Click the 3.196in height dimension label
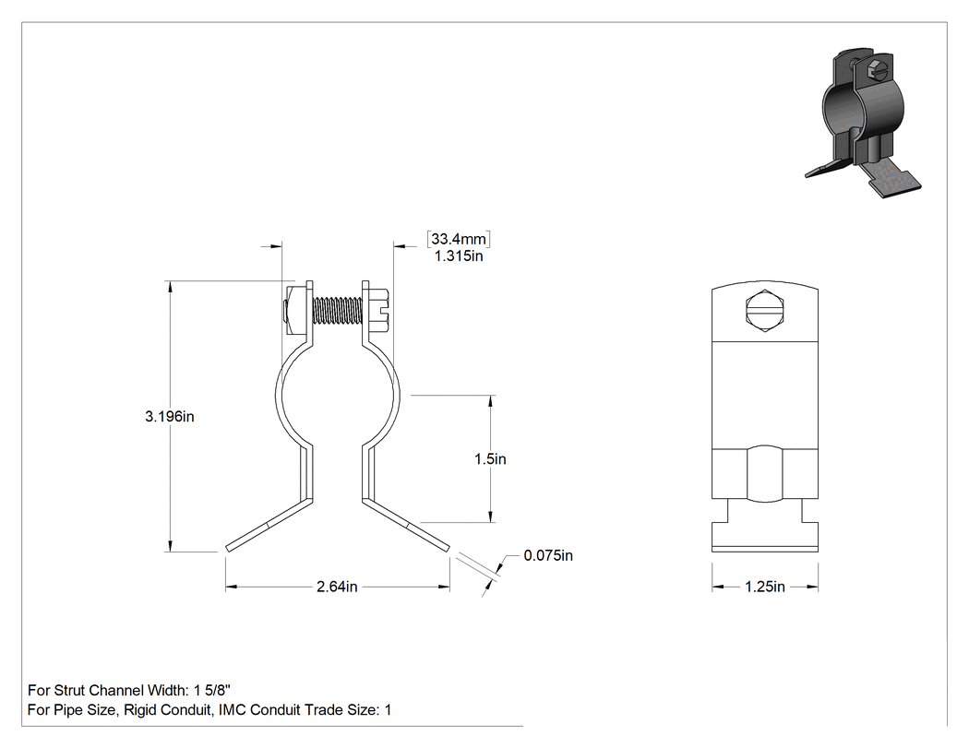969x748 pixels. [169, 417]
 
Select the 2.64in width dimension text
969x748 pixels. [337, 587]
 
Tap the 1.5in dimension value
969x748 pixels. [490, 459]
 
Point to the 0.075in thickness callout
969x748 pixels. [548, 555]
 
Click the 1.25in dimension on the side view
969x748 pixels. [764, 587]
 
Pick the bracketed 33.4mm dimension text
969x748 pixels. [459, 239]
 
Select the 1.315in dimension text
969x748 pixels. [459, 255]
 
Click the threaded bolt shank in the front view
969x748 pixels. [338, 310]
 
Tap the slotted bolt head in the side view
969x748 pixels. [764, 310]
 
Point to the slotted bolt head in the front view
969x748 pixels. [377, 310]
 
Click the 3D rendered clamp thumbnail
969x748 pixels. [862, 123]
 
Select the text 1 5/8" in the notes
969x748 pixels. [212, 690]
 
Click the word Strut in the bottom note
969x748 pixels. [69, 690]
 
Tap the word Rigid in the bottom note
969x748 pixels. [140, 709]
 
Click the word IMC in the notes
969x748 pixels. [232, 709]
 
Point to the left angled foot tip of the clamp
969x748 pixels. [227, 547]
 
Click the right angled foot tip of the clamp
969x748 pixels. [448, 547]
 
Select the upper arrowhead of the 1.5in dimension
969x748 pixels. [491, 401]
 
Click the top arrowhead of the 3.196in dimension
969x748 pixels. [169, 287]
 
